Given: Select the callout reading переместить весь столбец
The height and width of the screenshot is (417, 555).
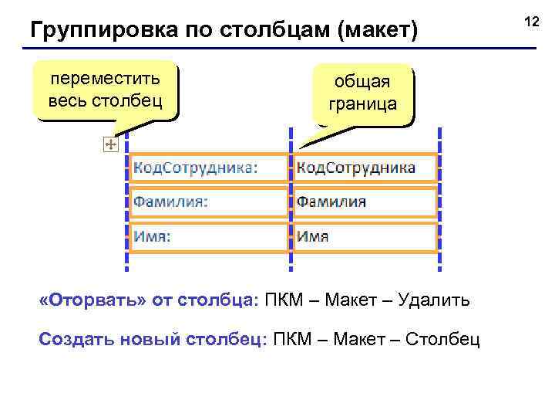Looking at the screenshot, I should click(105, 90).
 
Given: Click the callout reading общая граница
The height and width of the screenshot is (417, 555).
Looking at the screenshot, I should click(362, 93).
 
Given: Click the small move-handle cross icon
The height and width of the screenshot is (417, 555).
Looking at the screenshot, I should click(109, 144).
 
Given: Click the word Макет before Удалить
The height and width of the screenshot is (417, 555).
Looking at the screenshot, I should click(351, 300).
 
